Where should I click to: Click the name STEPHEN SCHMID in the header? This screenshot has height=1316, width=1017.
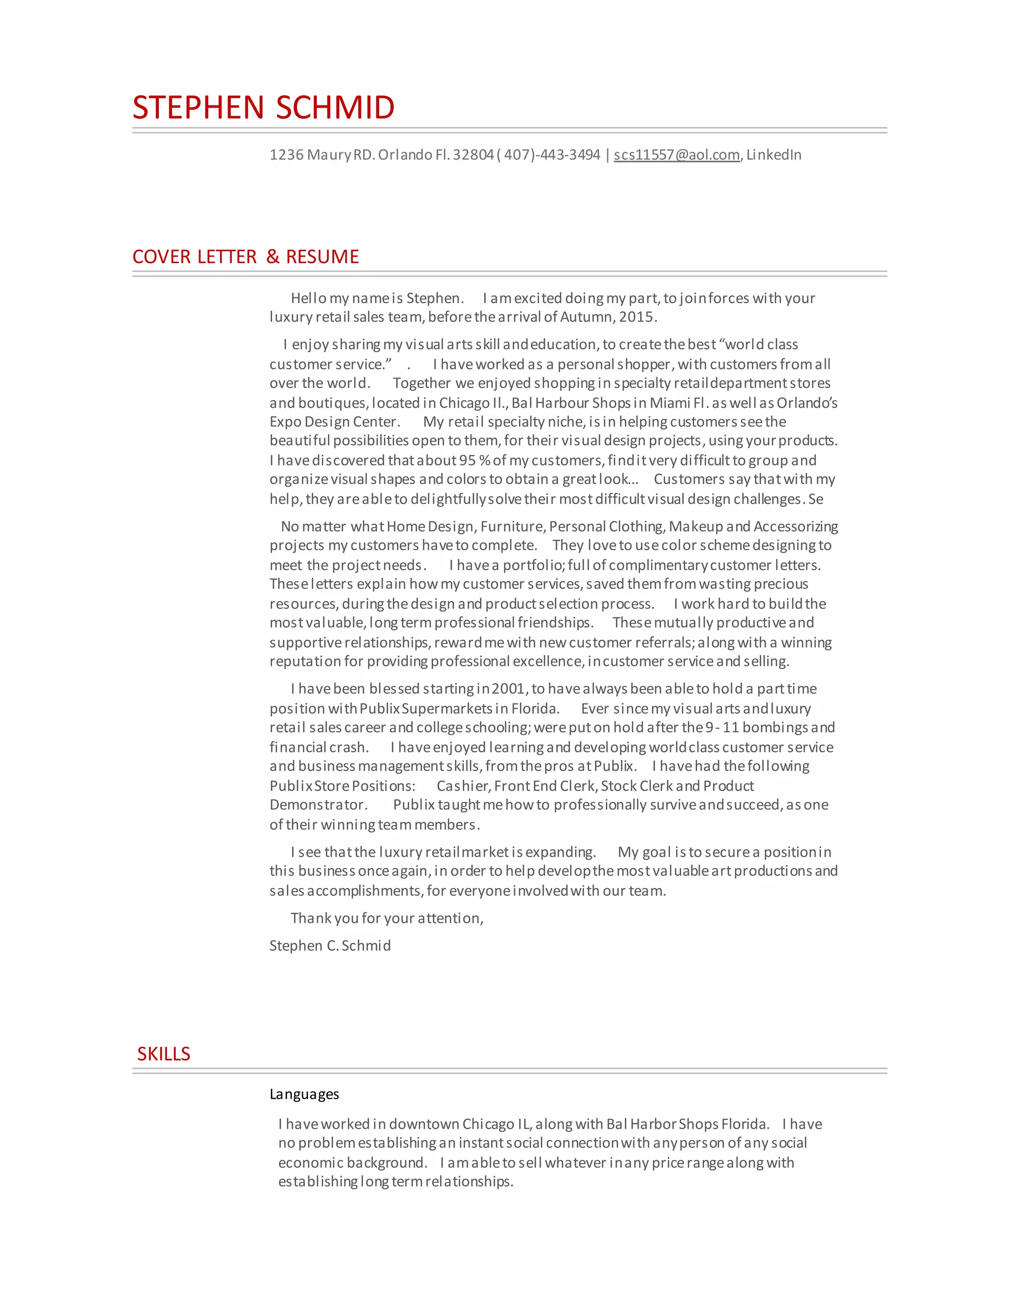pyautogui.click(x=263, y=107)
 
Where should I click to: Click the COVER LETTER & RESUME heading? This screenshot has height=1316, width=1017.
pyautogui.click(x=245, y=257)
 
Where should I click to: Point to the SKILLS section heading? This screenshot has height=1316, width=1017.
pyautogui.click(x=163, y=1054)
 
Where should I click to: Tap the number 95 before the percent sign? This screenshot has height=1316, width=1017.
pyautogui.click(x=467, y=460)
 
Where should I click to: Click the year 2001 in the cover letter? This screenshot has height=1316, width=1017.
pyautogui.click(x=508, y=689)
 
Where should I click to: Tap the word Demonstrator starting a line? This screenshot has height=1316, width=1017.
pyautogui.click(x=318, y=805)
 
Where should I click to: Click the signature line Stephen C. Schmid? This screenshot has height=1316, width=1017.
pyautogui.click(x=330, y=946)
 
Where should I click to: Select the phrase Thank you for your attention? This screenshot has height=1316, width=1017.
pyautogui.click(x=386, y=918)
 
